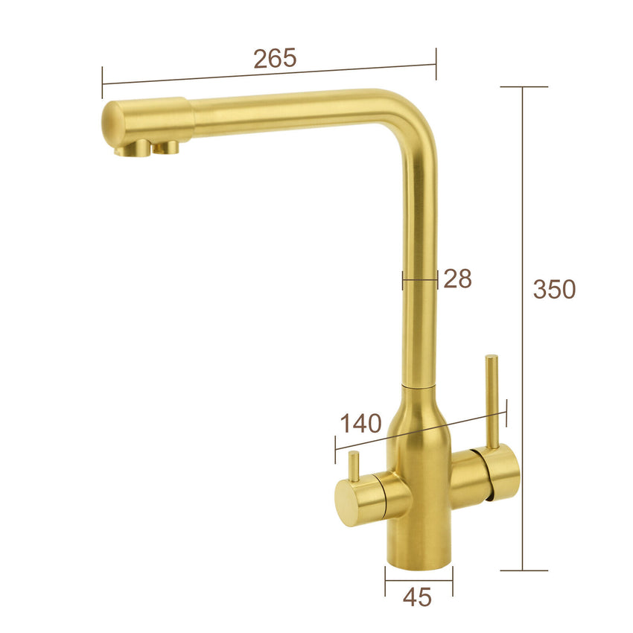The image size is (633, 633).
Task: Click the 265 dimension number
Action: pos(275,58)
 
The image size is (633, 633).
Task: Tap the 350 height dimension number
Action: pos(554,289)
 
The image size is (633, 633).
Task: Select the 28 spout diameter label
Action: pos(458,279)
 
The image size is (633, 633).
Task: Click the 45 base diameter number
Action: pos(417,596)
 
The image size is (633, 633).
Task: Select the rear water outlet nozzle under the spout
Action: pos(168,147)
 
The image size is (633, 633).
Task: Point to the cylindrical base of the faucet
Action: pos(419,547)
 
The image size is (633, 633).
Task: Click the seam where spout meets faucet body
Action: pos(419,387)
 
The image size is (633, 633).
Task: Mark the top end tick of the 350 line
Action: pos(524,87)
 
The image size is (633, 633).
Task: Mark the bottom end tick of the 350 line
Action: pos(524,570)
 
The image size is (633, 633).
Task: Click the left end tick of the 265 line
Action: pos(103,83)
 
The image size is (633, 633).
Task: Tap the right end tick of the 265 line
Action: pos(436,63)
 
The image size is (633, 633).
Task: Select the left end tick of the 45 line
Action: pos(385,580)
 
